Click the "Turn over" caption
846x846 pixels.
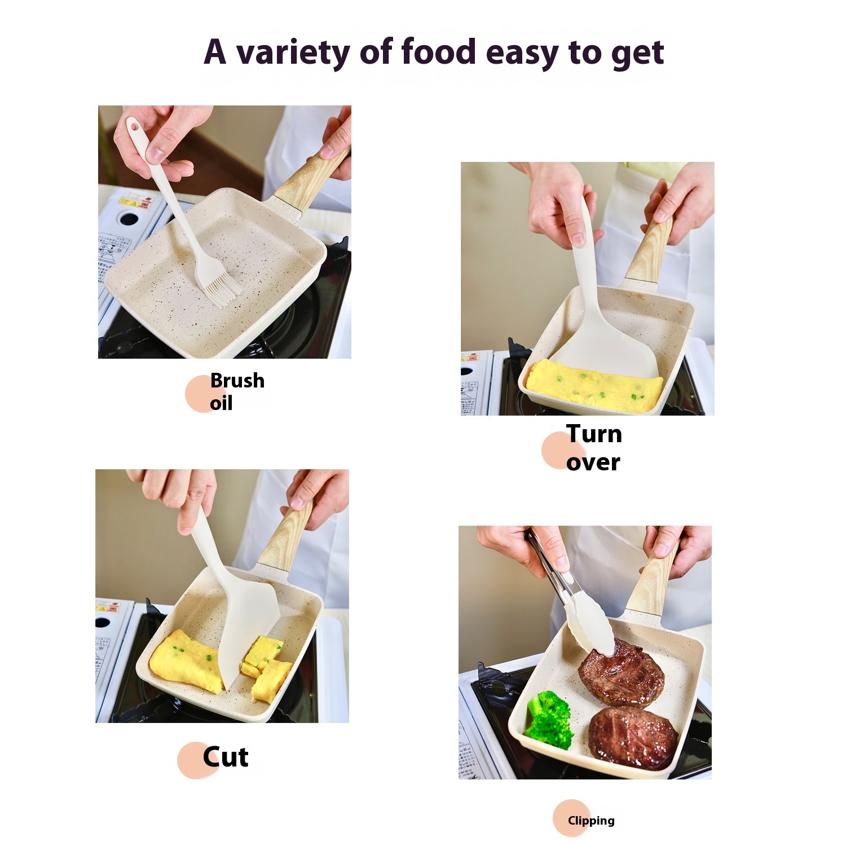(594, 448)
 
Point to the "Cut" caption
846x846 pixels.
(226, 757)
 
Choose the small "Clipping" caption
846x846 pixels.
(591, 821)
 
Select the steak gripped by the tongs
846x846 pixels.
(620, 671)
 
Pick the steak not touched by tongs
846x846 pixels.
(633, 737)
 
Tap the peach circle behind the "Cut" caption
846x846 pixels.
(196, 760)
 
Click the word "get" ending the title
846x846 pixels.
(638, 54)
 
